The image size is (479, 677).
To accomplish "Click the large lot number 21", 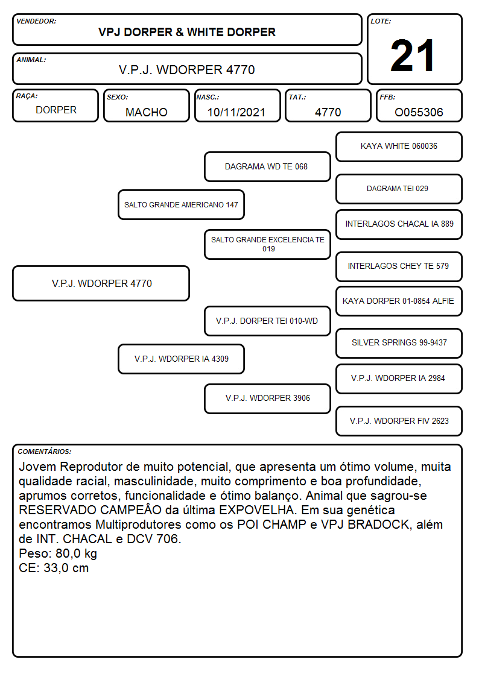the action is coord(412,55).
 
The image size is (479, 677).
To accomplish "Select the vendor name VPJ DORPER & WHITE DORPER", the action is coord(186,33).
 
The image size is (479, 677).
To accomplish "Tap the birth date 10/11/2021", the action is coord(236,112).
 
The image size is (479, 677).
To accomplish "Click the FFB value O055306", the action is coord(419,112).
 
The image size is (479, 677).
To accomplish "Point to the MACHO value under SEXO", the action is coord(147,112).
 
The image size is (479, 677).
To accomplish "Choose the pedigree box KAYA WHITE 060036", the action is coord(399,147).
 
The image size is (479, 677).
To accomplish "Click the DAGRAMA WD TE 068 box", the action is coord(267,166).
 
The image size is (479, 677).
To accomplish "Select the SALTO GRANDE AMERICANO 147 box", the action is coord(181,204).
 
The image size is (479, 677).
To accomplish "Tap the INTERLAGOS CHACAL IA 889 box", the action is coord(399,224).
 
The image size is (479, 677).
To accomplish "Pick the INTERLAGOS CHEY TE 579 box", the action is coord(399,266).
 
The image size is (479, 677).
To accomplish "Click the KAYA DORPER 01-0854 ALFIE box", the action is coord(399,301).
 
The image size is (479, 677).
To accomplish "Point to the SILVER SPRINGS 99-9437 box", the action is coord(399,343).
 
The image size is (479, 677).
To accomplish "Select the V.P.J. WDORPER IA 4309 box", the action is coord(181,359).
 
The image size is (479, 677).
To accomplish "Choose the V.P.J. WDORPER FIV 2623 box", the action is coord(399,421).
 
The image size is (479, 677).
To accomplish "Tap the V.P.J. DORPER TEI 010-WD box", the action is coord(267,321).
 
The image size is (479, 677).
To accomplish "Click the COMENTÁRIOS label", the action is coord(45,452).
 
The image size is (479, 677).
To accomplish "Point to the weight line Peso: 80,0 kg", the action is coord(58,553).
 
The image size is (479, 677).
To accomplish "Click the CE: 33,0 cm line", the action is coord(54,568).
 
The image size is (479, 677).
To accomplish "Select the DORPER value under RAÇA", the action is coord(56,110).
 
